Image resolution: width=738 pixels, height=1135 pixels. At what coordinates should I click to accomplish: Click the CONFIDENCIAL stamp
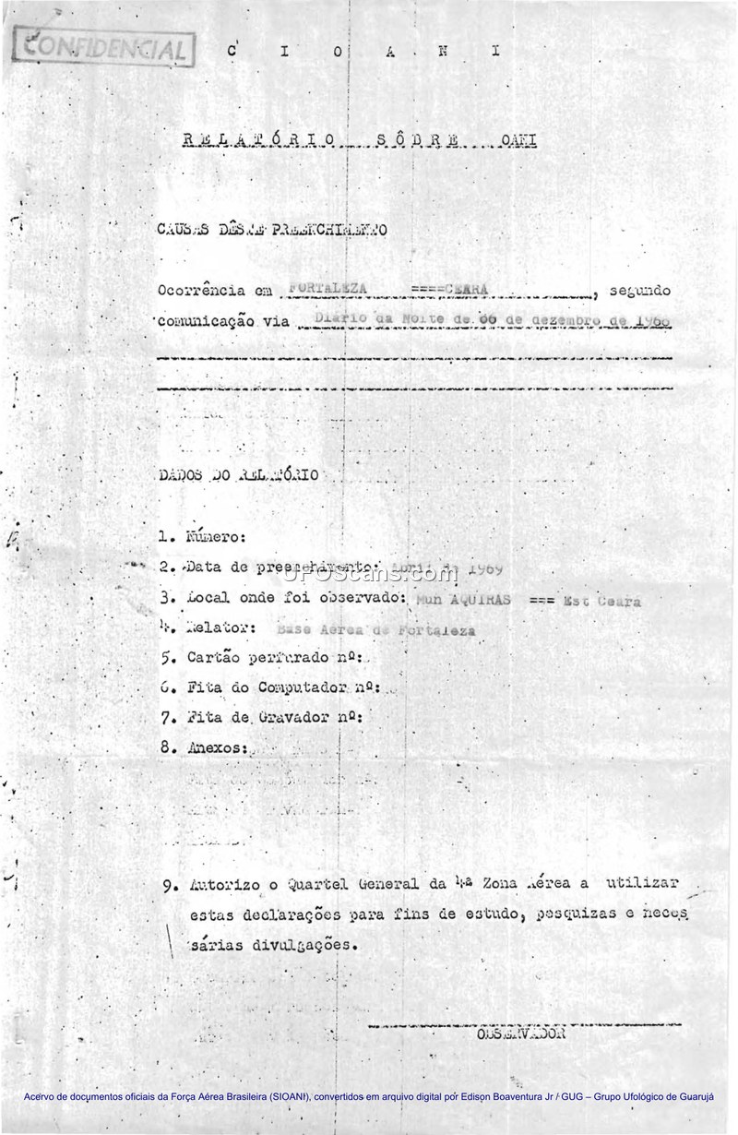coord(103,47)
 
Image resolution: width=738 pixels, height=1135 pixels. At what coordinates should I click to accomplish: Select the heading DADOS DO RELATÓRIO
coord(238,475)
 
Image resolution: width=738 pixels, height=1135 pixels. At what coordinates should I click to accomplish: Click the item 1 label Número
coord(216,536)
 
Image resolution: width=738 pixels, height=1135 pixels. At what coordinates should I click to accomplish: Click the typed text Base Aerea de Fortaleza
coord(375,630)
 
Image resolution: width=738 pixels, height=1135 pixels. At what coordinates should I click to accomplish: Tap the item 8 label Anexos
coord(216,748)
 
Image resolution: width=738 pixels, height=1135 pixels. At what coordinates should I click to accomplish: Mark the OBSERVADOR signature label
coord(516,1033)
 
